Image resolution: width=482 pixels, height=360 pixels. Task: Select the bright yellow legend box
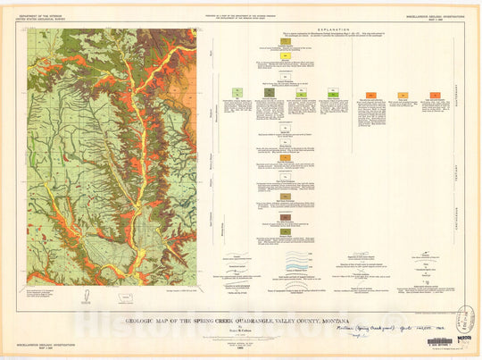pyautogui.click(x=285, y=55)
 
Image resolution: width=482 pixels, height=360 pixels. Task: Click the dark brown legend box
pyautogui.click(x=285, y=217)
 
